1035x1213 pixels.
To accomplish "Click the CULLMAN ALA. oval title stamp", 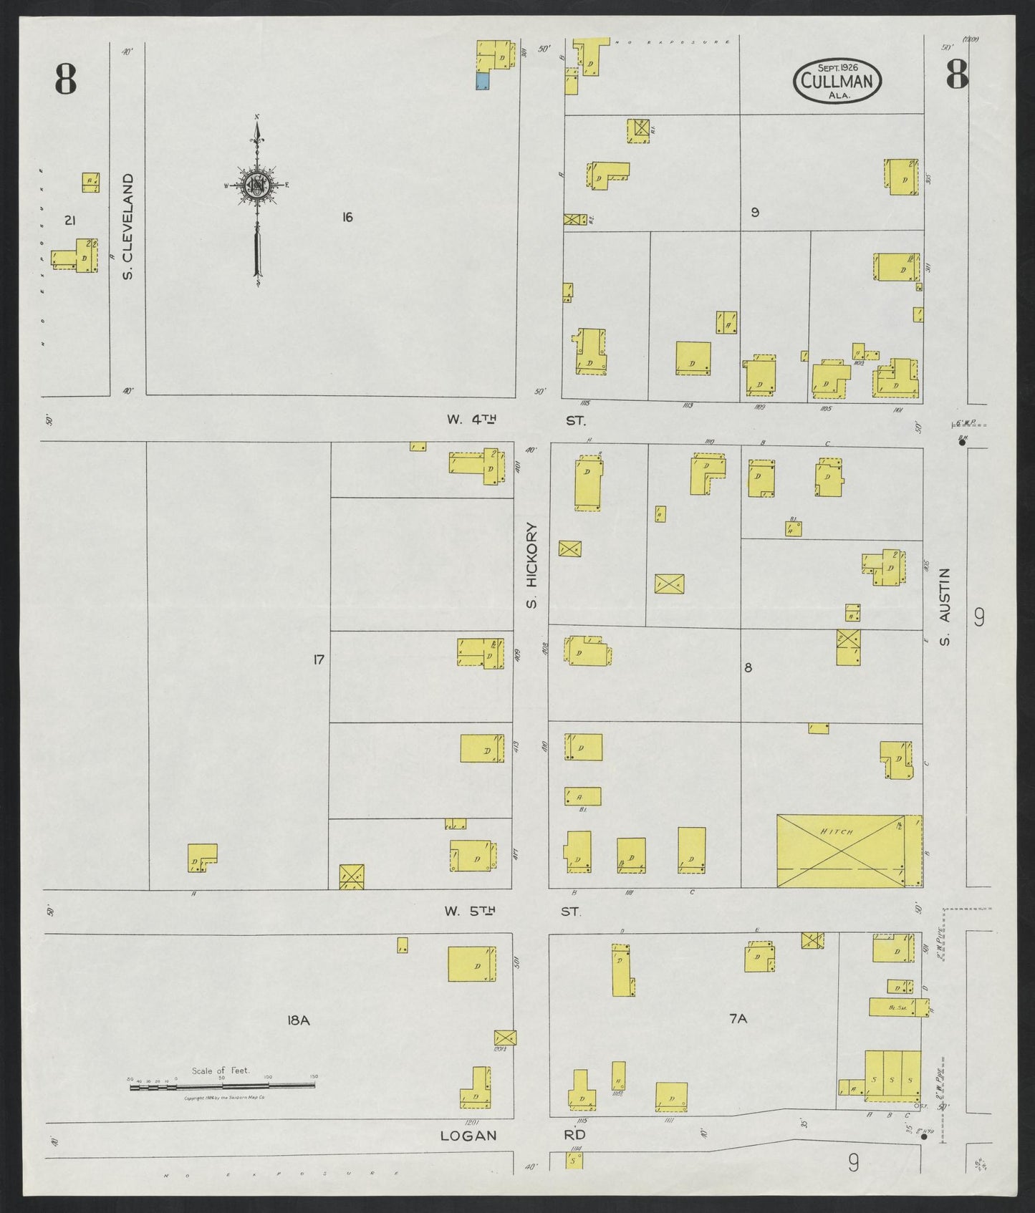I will click(x=837, y=81).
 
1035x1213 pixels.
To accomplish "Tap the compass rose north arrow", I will click(x=256, y=193).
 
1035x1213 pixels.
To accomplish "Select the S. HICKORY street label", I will click(x=531, y=566).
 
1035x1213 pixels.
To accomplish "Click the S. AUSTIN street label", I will click(x=945, y=606).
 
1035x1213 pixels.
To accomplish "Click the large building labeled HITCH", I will click(x=849, y=850).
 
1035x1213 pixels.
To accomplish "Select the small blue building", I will click(x=483, y=81).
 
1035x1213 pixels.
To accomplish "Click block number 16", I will click(x=347, y=217).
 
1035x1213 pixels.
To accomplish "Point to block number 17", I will click(x=319, y=659).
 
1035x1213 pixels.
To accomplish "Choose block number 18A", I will click(x=298, y=1020).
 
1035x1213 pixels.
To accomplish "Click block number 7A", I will click(x=738, y=1019).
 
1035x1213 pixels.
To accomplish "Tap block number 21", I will click(x=69, y=221).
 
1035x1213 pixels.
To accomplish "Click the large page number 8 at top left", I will click(x=65, y=79).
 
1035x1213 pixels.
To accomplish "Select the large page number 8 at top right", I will click(x=957, y=74).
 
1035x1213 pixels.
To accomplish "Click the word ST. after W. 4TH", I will click(x=575, y=420).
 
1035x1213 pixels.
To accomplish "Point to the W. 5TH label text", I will click(x=470, y=912).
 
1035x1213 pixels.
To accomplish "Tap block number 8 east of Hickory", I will click(x=748, y=668).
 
